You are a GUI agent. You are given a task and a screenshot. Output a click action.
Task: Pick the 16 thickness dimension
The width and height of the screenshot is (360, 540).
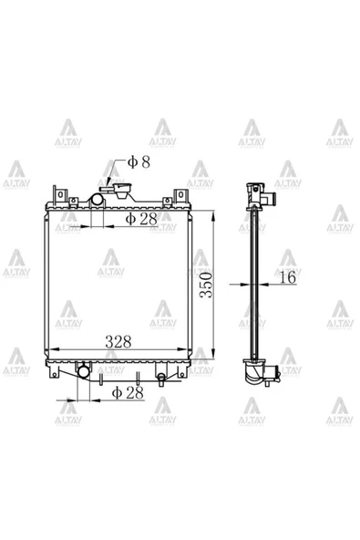pyautogui.click(x=286, y=277)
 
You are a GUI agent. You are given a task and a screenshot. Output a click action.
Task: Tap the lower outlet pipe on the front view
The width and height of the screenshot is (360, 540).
pyautogui.click(x=83, y=371)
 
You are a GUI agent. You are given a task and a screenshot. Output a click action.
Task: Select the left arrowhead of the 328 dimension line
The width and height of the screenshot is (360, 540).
pyautogui.click(x=53, y=349)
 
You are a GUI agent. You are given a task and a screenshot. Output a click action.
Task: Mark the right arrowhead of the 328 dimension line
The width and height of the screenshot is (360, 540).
pyautogui.click(x=187, y=349)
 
